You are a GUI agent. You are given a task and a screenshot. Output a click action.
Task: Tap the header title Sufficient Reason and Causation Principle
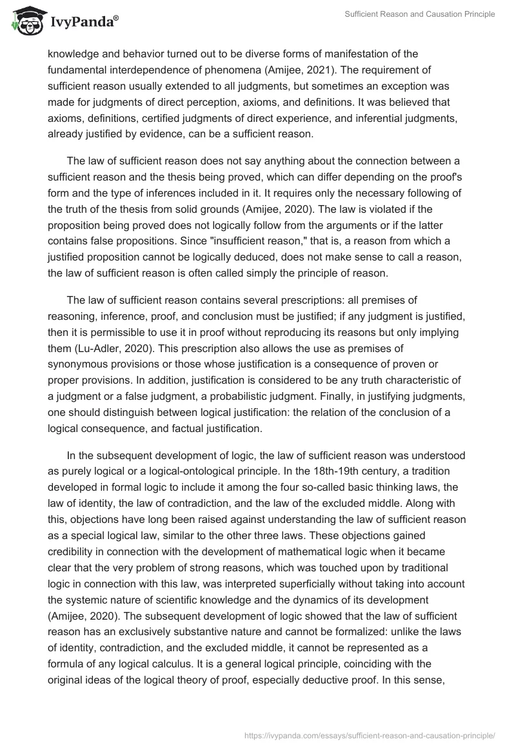tap(421, 14)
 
